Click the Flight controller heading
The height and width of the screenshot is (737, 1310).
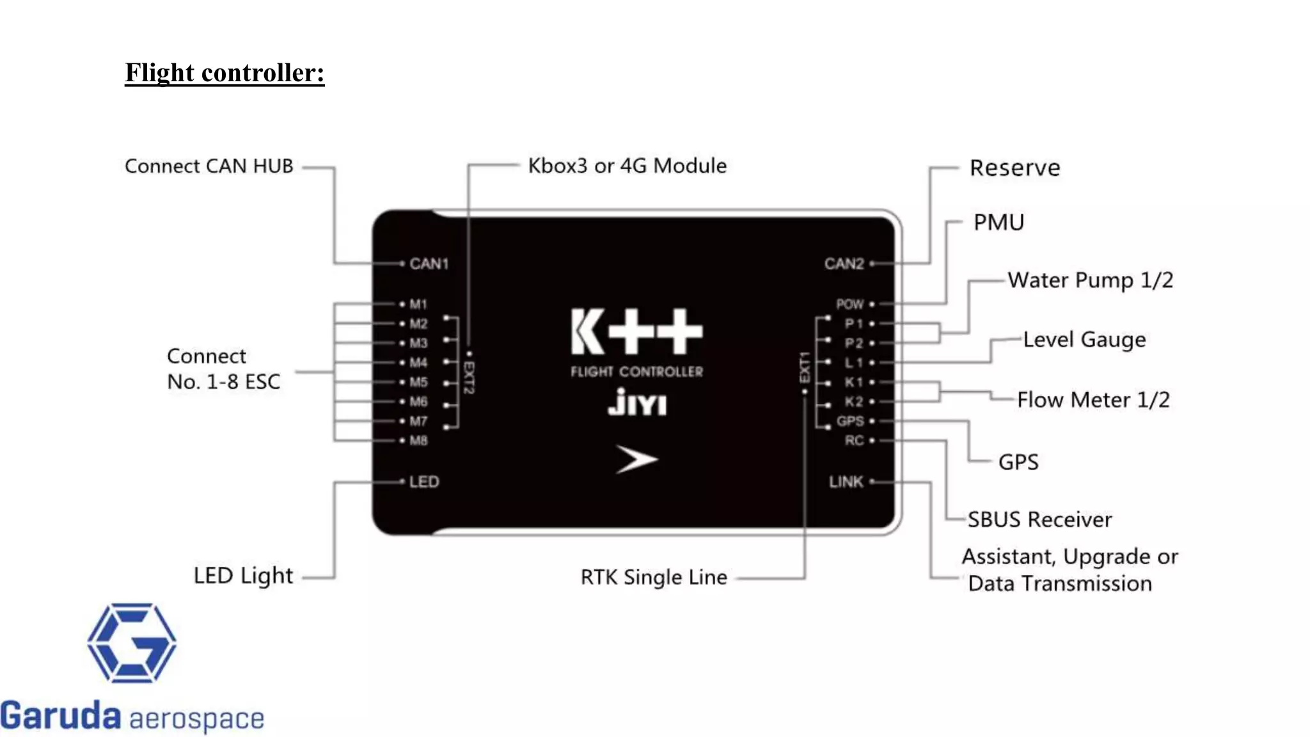tap(225, 73)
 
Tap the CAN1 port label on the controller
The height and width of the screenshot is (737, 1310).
tap(429, 264)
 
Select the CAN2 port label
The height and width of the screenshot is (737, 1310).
tap(844, 264)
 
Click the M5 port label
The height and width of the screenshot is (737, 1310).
tap(418, 382)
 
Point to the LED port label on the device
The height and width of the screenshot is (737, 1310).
tap(424, 482)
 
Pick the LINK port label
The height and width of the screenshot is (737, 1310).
tap(846, 482)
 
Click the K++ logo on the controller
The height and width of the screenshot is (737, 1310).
tap(636, 331)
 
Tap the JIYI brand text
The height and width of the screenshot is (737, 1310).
tap(636, 402)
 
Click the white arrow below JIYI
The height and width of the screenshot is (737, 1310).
tap(636, 459)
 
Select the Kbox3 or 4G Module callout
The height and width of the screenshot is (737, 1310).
tap(627, 166)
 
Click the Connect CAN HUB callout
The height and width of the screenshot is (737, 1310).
tap(209, 166)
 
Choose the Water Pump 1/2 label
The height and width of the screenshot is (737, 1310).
tap(1090, 280)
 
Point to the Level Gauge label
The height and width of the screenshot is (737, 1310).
tap(1084, 340)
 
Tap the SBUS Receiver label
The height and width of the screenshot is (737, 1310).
tap(1039, 519)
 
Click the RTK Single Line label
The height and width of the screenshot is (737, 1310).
tap(654, 577)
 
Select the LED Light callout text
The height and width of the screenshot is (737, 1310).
tap(243, 576)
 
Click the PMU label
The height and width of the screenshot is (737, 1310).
tap(998, 223)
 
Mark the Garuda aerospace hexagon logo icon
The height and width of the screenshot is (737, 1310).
tap(132, 642)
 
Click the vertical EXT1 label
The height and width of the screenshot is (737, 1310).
tap(805, 367)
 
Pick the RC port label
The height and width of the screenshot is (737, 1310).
tap(853, 440)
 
